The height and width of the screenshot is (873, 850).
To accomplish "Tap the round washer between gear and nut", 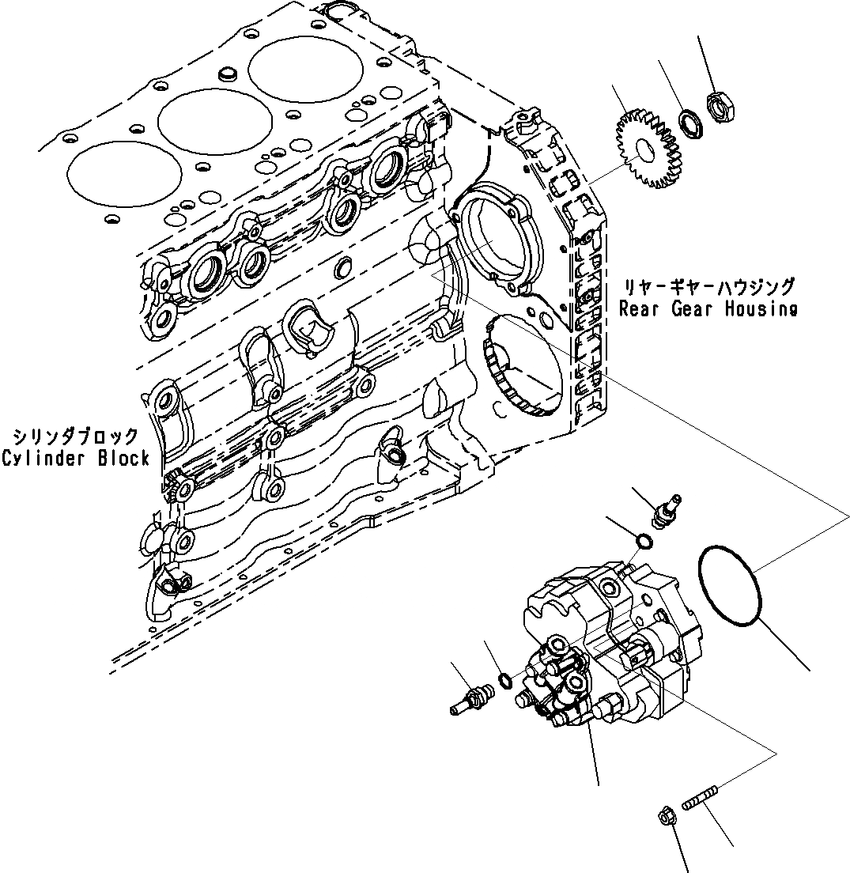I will point(690,123).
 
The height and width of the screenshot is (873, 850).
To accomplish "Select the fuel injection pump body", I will point(613,648).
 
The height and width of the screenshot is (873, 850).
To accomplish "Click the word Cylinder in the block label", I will point(40,458).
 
